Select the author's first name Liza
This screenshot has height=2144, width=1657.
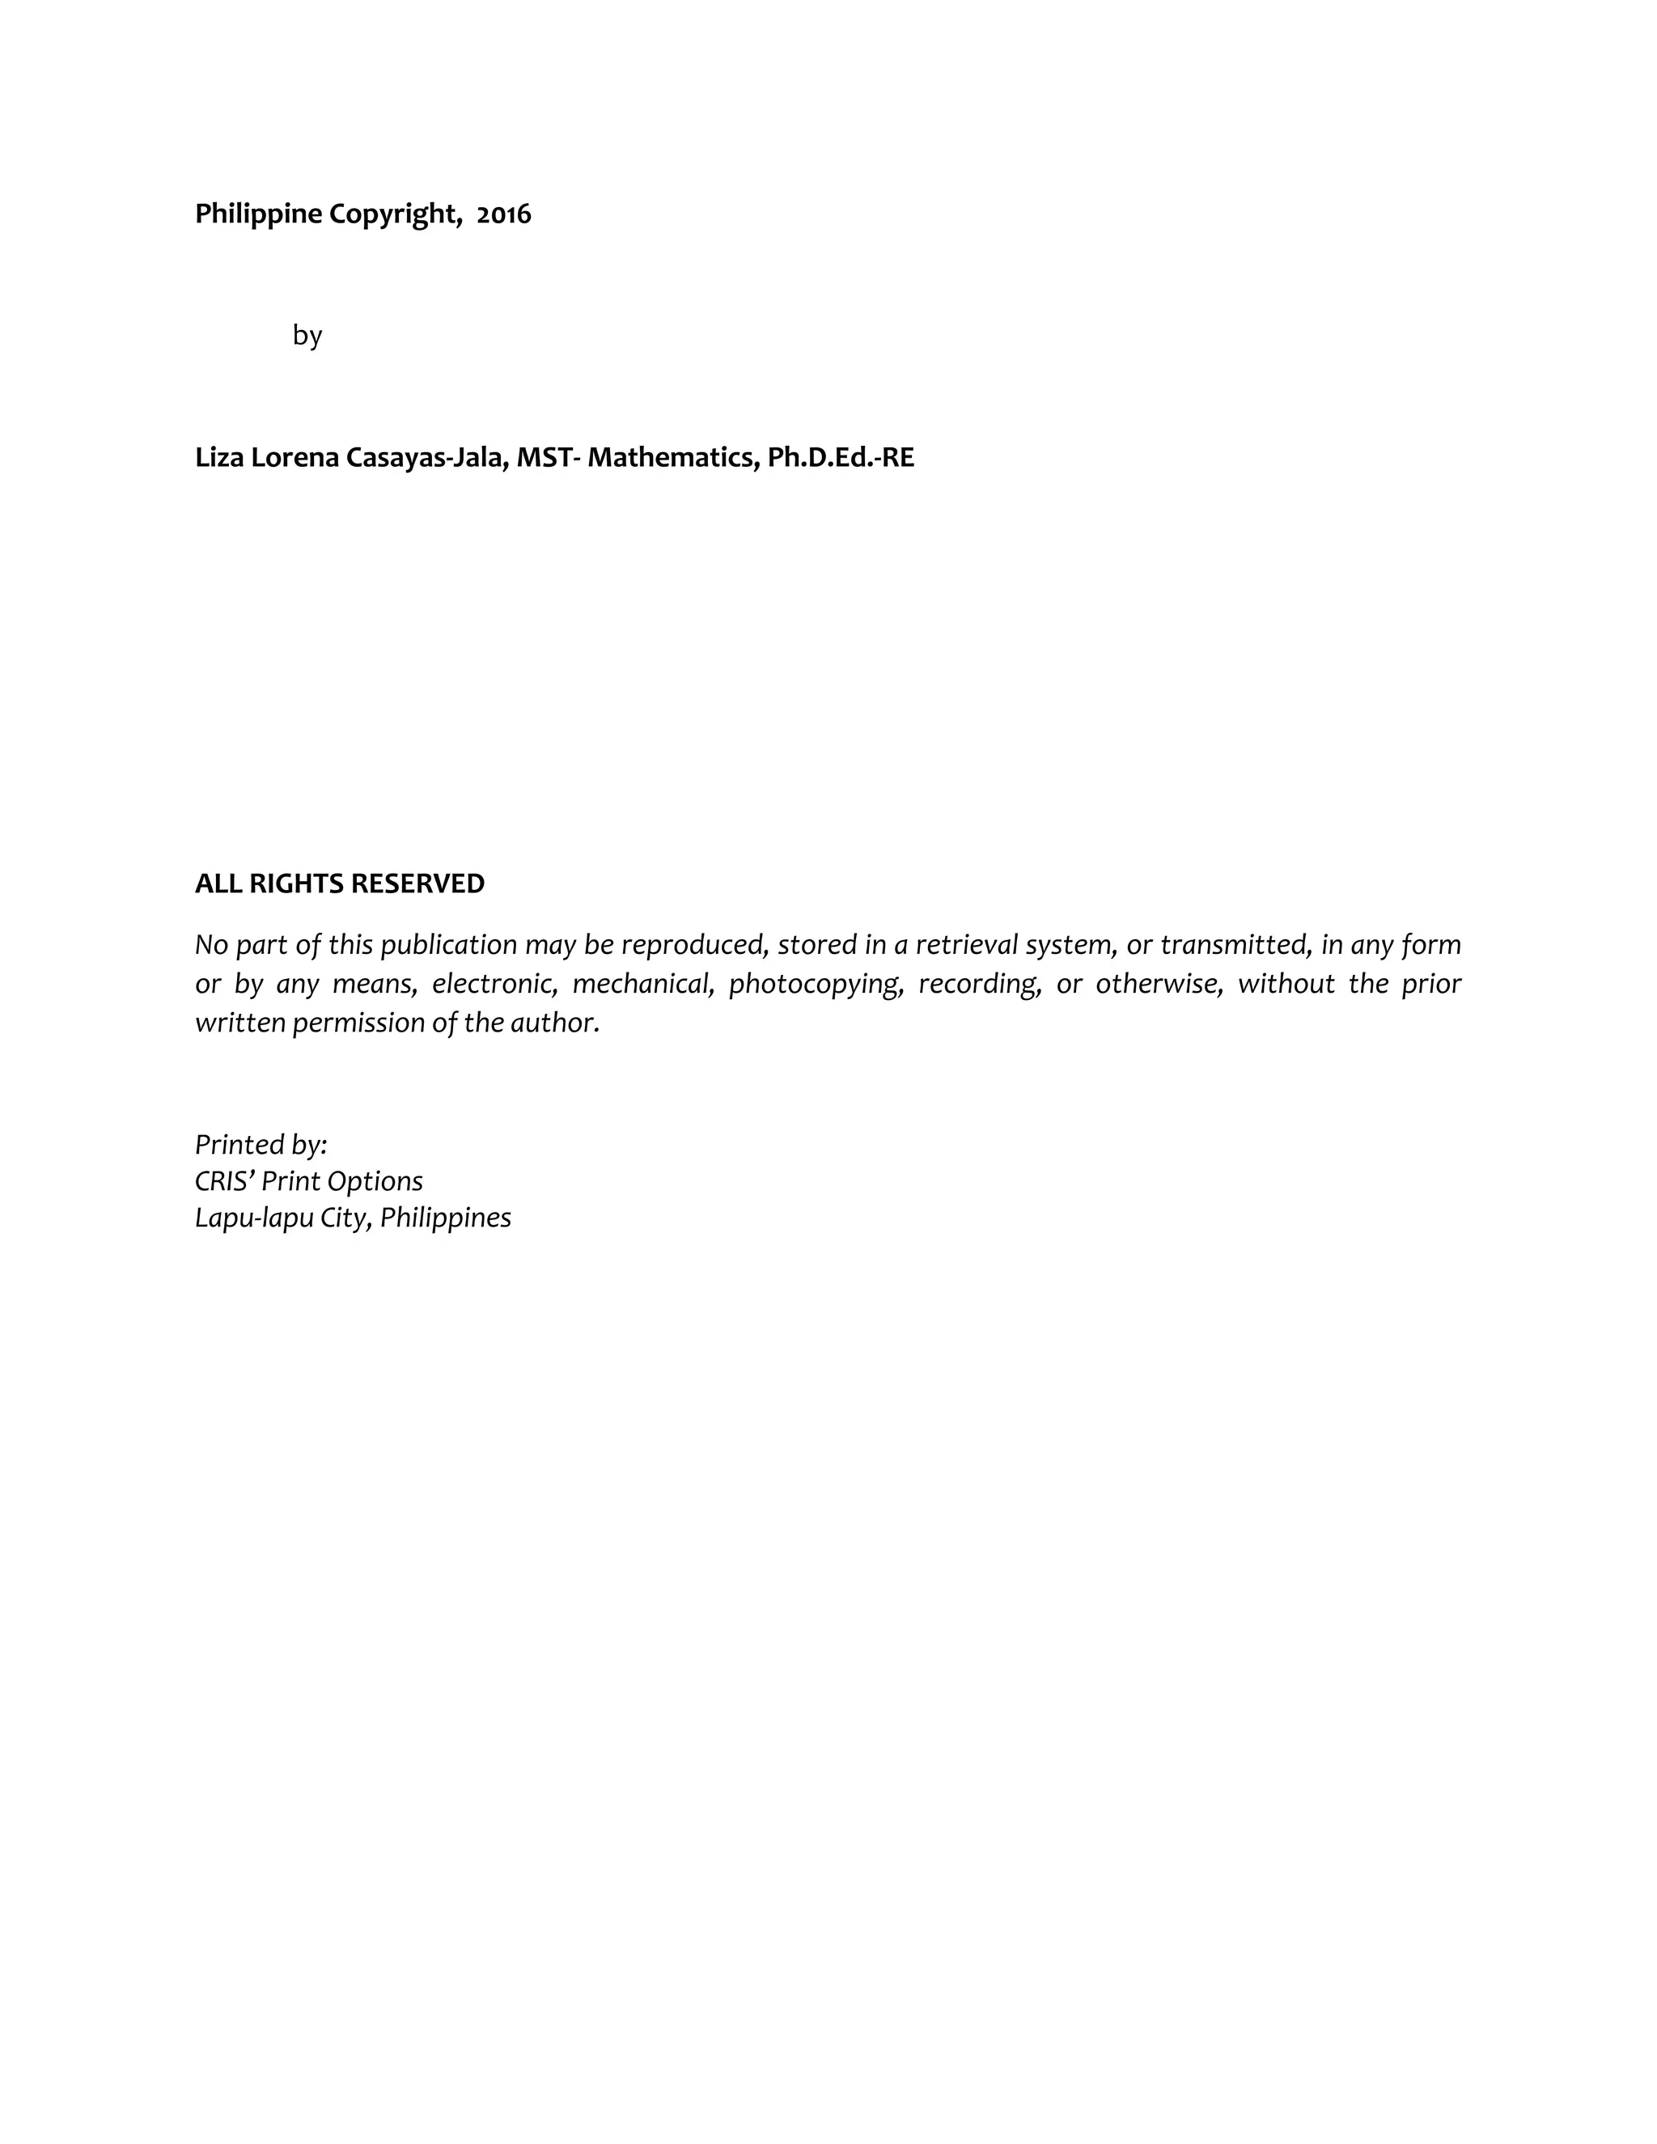click(219, 457)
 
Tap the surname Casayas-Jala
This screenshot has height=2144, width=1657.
click(427, 457)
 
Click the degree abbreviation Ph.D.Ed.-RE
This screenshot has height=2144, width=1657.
click(841, 457)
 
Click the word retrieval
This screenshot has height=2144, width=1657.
click(966, 944)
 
